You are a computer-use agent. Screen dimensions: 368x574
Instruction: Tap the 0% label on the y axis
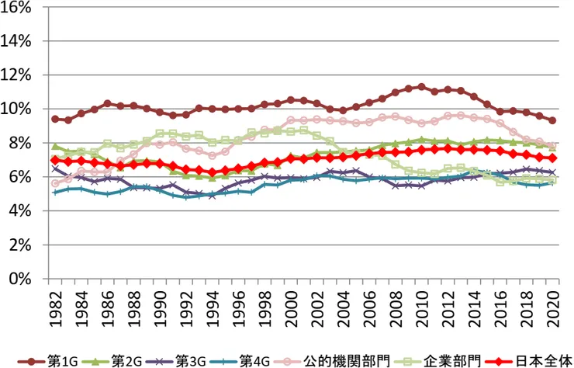point(24,279)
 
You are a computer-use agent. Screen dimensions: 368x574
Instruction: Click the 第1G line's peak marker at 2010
point(421,87)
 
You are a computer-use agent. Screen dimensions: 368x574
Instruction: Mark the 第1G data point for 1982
point(54,119)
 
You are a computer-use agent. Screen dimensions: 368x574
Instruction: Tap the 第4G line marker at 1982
point(54,192)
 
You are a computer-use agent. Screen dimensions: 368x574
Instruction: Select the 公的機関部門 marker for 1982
point(54,183)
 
